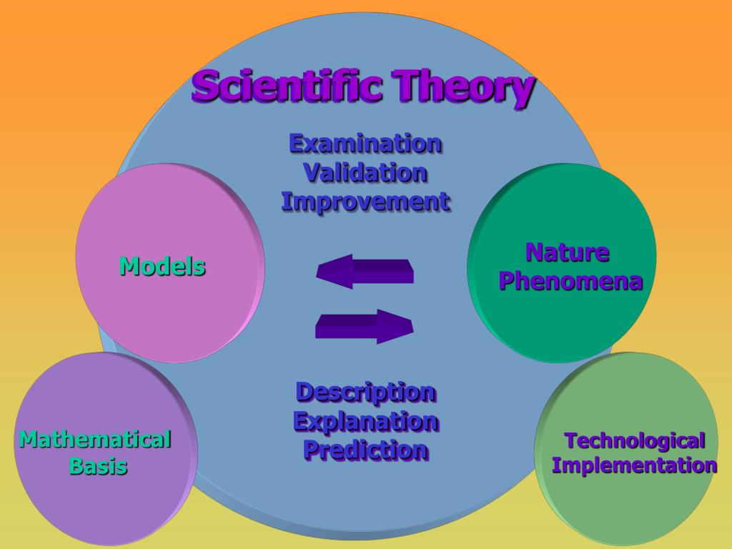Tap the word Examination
[365, 143]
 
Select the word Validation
[365, 172]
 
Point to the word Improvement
[365, 202]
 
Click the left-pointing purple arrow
[365, 271]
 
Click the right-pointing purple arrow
[365, 326]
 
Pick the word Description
[365, 392]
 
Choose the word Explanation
[365, 421]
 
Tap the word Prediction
[365, 450]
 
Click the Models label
[162, 267]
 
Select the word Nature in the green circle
[568, 252]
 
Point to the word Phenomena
[570, 282]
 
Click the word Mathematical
[95, 438]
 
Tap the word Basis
[98, 467]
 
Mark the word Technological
[635, 440]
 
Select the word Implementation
[634, 466]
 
